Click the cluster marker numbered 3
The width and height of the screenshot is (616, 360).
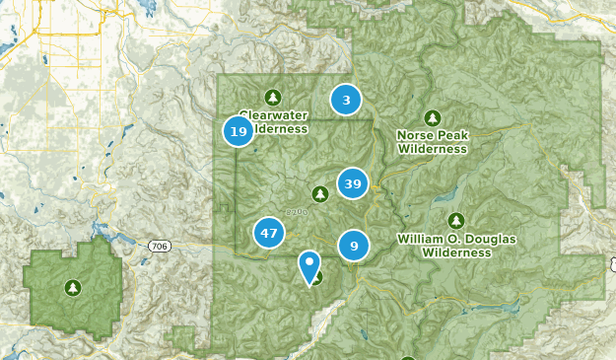click(x=346, y=100)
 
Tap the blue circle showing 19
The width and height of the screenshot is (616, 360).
click(x=238, y=131)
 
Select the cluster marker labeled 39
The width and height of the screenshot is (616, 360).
click(x=353, y=182)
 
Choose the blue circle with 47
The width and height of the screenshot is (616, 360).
click(x=268, y=234)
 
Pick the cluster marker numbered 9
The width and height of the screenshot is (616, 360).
click(x=354, y=244)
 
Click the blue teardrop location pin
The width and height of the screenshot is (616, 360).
click(x=309, y=265)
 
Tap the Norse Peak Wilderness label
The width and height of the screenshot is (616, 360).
click(x=432, y=141)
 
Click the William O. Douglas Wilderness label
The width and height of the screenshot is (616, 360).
click(x=456, y=246)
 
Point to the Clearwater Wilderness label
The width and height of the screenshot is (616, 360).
click(x=273, y=121)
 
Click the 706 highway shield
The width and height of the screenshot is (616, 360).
click(x=159, y=245)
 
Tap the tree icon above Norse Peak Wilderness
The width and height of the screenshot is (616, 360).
click(x=432, y=115)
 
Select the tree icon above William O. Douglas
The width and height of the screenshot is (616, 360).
click(x=455, y=220)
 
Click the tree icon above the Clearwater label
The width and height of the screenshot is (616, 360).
click(x=274, y=97)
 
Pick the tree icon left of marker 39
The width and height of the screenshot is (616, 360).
click(x=319, y=193)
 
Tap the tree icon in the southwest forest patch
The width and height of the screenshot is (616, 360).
click(x=72, y=288)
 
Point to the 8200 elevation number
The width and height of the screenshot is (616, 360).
click(x=297, y=211)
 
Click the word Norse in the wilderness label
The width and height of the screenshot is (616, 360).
click(x=414, y=135)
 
